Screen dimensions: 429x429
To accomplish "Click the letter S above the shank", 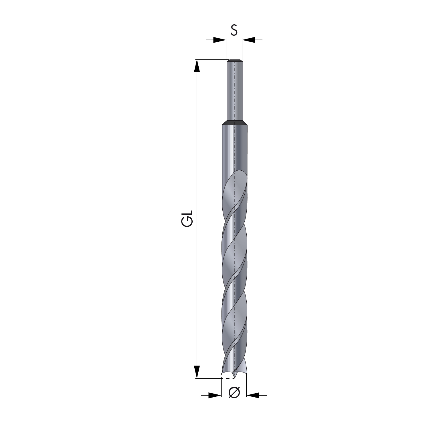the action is click(234, 30).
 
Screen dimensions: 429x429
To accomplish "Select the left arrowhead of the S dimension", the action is click(220, 40).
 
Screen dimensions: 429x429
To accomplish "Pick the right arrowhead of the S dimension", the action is click(248, 40).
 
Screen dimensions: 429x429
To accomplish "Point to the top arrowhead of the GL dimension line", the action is click(197, 66).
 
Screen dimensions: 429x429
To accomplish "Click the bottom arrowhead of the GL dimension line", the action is click(197, 372).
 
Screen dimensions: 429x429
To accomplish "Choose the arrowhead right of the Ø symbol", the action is click(253, 395).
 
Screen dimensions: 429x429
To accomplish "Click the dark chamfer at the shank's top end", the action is click(234, 61).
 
